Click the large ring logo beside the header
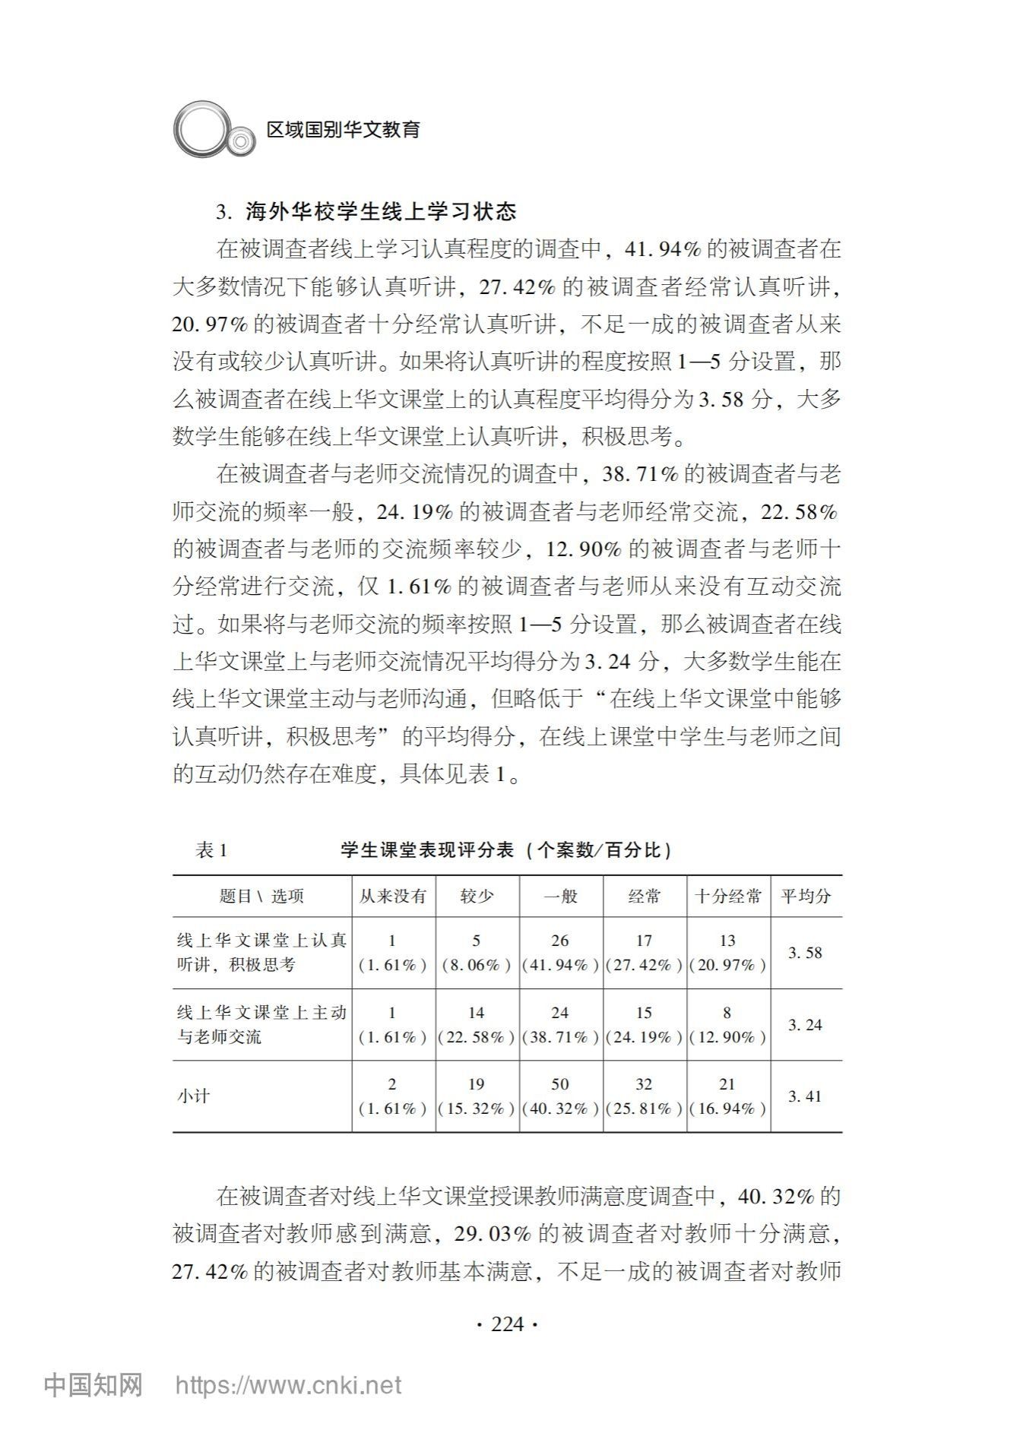click(201, 130)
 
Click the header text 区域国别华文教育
click(344, 130)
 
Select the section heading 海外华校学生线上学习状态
click(380, 211)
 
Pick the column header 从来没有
click(393, 897)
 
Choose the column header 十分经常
click(728, 897)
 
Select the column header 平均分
click(806, 897)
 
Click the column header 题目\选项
click(261, 897)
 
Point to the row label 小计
click(193, 1096)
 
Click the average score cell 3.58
click(805, 953)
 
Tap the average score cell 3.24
click(805, 1025)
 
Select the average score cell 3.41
click(805, 1096)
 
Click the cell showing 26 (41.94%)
click(560, 953)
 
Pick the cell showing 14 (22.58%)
click(477, 1025)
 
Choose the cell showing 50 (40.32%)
click(560, 1096)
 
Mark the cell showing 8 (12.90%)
click(727, 1025)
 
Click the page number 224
click(508, 1324)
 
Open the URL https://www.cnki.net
click(288, 1386)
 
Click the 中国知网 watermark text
click(93, 1385)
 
